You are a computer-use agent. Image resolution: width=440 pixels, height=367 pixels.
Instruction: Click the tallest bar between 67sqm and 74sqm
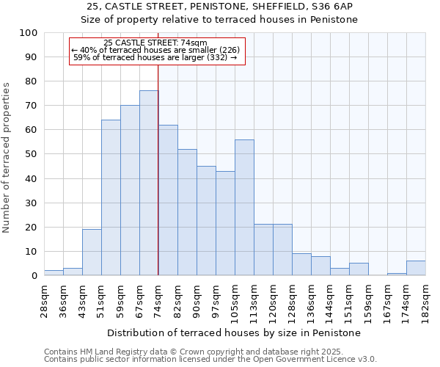click(x=149, y=183)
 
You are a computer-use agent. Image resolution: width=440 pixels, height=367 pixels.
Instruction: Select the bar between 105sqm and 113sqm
click(x=244, y=207)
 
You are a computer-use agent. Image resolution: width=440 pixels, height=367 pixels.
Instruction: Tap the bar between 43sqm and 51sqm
click(x=92, y=252)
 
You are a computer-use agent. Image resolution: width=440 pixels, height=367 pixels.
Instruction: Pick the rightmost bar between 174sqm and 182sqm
click(x=416, y=268)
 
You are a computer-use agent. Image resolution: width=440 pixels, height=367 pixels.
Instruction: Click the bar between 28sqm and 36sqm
click(x=54, y=272)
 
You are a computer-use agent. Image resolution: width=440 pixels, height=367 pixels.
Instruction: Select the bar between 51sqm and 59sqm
click(x=111, y=197)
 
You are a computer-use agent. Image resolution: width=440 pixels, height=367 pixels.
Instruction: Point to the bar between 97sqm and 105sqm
click(x=225, y=223)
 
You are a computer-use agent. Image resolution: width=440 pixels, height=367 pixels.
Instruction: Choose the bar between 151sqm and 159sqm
click(x=359, y=269)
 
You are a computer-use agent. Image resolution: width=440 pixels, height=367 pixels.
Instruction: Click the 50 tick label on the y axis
click(x=31, y=154)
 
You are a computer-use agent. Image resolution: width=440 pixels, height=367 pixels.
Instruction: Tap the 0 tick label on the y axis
click(x=34, y=275)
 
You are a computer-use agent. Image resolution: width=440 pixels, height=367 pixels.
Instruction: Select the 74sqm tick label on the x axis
click(x=158, y=298)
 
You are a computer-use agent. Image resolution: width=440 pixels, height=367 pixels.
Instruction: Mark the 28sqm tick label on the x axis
click(x=44, y=298)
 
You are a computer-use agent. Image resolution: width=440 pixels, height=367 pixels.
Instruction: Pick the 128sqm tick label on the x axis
click(x=292, y=300)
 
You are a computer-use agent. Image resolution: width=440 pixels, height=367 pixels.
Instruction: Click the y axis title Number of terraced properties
click(x=7, y=157)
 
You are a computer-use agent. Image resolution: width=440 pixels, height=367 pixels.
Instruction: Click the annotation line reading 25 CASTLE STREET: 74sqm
click(x=155, y=43)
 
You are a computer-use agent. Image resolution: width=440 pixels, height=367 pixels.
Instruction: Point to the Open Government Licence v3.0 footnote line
click(x=210, y=360)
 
